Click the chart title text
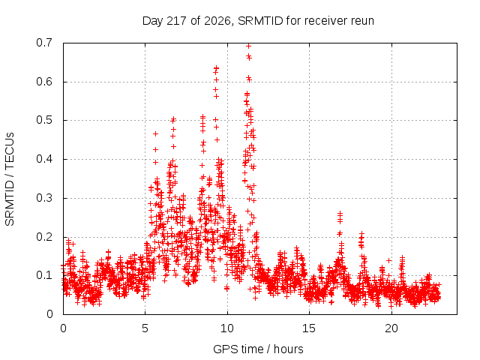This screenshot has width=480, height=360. (258, 21)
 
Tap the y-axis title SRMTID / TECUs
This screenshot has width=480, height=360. (10, 179)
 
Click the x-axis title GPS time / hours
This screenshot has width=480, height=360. (258, 349)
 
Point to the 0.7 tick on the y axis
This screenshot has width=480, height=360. (44, 43)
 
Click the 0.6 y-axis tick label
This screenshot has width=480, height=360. (44, 82)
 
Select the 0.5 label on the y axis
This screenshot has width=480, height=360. (44, 120)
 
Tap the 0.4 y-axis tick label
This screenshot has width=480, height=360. (44, 159)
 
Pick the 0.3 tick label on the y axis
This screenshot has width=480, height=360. (44, 198)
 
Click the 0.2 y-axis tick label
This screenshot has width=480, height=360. (44, 237)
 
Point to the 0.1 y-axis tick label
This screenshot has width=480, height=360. (44, 275)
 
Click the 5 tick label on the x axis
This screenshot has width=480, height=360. (145, 328)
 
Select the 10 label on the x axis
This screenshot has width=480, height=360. (227, 328)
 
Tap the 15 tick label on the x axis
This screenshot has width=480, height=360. (309, 328)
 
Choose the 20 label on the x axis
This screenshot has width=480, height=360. (391, 328)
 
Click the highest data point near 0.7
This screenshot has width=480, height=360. (248, 46)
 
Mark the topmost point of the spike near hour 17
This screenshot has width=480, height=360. (340, 212)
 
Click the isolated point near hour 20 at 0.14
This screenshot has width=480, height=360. (388, 260)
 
